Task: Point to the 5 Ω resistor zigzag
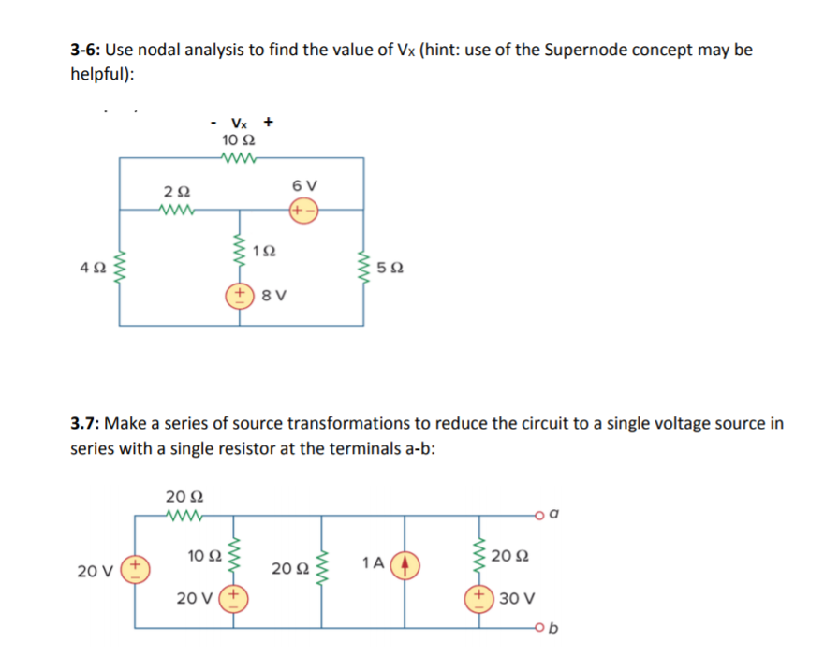click(363, 270)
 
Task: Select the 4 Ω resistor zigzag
click(119, 270)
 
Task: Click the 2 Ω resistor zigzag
click(177, 210)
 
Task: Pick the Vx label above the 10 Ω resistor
click(239, 123)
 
